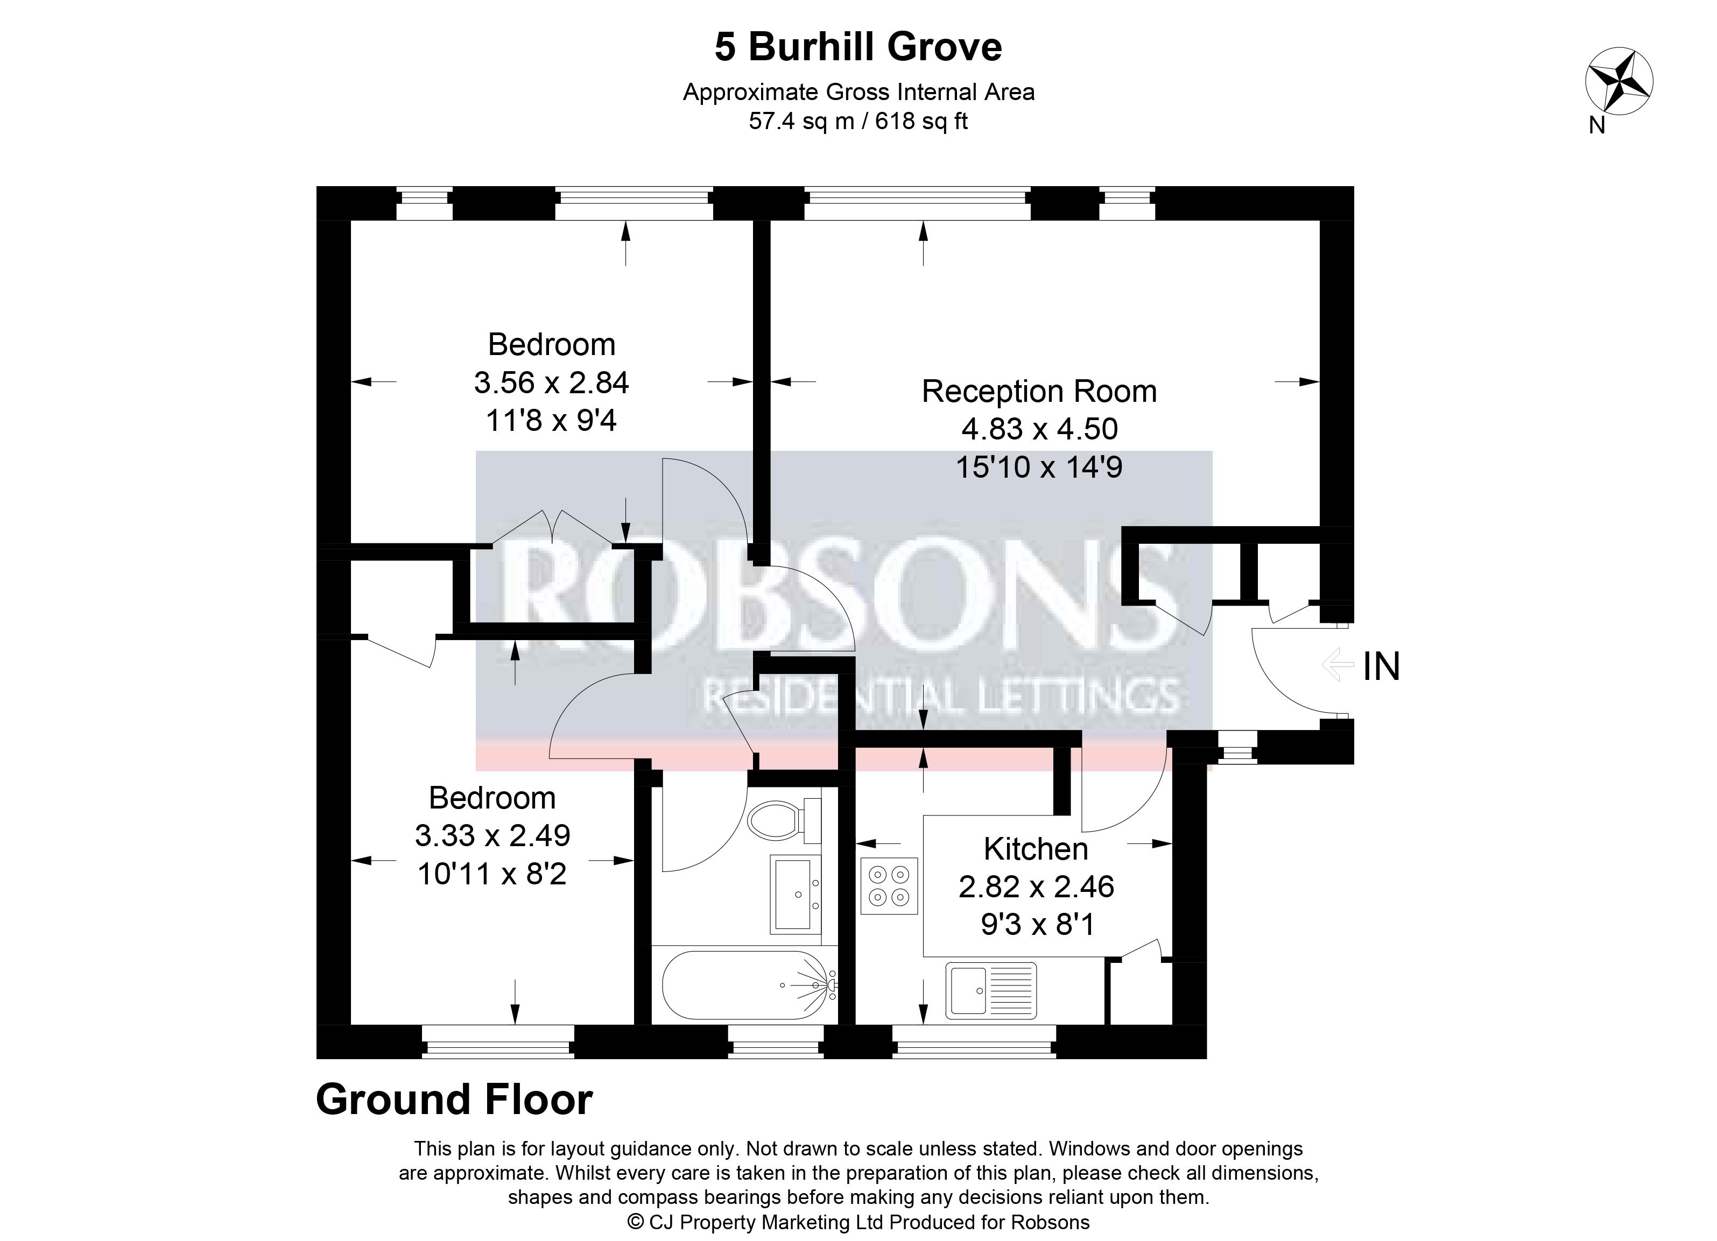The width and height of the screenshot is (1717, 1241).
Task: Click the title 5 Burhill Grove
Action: (x=858, y=47)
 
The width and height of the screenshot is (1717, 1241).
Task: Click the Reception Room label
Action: (x=1039, y=391)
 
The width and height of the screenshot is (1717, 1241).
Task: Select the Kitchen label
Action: (x=1036, y=848)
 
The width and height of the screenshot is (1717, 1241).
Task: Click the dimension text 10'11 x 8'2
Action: (x=492, y=874)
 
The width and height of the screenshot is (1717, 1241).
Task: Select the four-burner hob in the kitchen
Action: (x=889, y=886)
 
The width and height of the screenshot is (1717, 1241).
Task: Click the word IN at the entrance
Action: (x=1382, y=666)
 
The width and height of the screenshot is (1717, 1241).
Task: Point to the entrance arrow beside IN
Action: (x=1338, y=665)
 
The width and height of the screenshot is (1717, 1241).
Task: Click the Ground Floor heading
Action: (x=454, y=1100)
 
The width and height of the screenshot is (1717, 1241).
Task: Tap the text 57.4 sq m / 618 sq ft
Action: (x=858, y=121)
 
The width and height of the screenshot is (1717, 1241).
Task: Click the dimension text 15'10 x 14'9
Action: (x=1039, y=467)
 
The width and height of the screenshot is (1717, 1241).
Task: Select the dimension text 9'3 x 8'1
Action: (x=1037, y=924)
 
